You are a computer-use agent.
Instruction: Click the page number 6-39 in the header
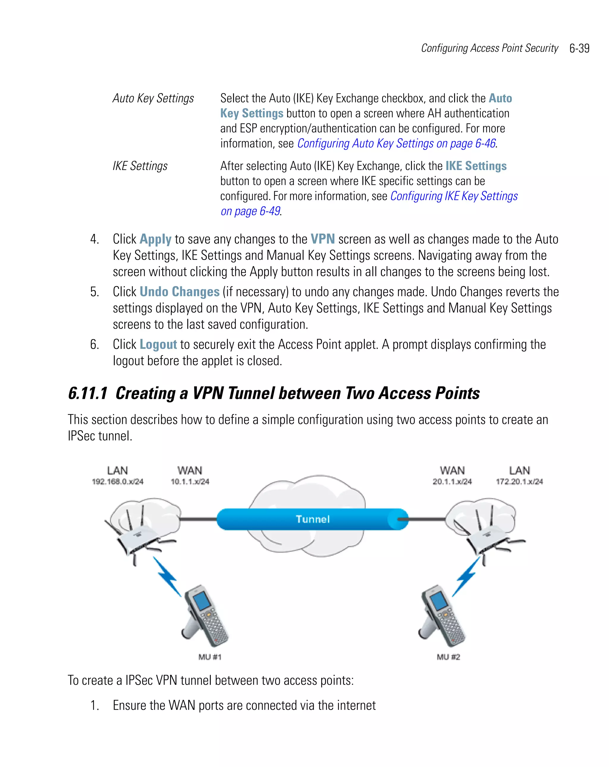(579, 48)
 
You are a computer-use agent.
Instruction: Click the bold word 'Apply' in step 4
(156, 239)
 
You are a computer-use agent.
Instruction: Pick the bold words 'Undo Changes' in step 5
(179, 292)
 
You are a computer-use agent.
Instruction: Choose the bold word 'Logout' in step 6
(158, 345)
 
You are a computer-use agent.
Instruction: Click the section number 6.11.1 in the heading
(87, 393)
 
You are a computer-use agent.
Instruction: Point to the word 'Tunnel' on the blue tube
(313, 519)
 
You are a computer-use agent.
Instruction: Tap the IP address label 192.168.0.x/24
(117, 482)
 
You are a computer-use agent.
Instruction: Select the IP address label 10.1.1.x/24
(190, 482)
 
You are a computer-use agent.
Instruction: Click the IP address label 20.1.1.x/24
(452, 482)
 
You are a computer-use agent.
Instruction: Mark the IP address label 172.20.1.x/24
(519, 482)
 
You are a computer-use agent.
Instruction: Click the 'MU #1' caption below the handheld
(210, 657)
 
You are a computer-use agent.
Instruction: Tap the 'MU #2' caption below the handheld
(448, 657)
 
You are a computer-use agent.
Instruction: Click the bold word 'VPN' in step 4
(323, 239)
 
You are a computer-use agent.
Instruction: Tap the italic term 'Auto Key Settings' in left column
(153, 98)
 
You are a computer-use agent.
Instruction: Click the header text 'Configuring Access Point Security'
(489, 48)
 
